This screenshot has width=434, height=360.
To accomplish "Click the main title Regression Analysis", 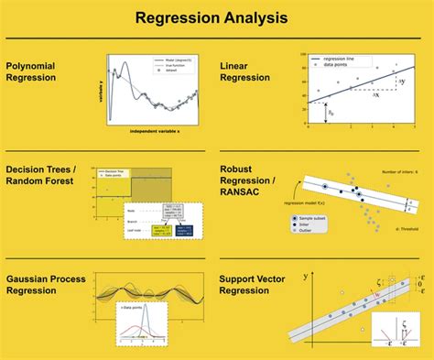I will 212,17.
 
